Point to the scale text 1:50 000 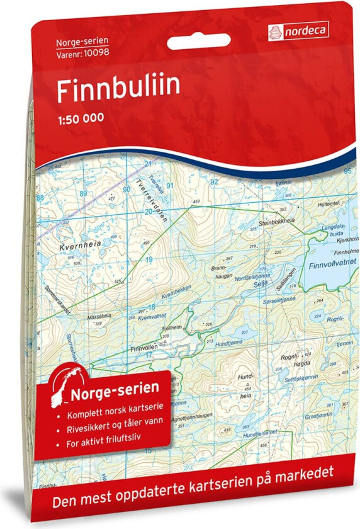(81, 117)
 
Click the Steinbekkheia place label (278, 220)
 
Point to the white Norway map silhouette (65, 384)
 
